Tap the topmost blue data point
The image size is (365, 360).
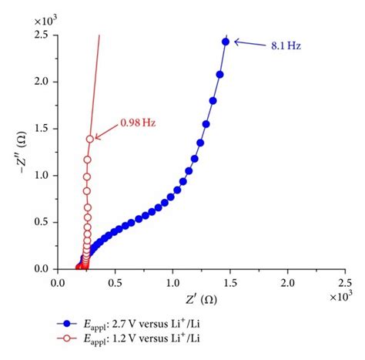coord(226,42)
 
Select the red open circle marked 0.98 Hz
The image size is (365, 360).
coord(90,139)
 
